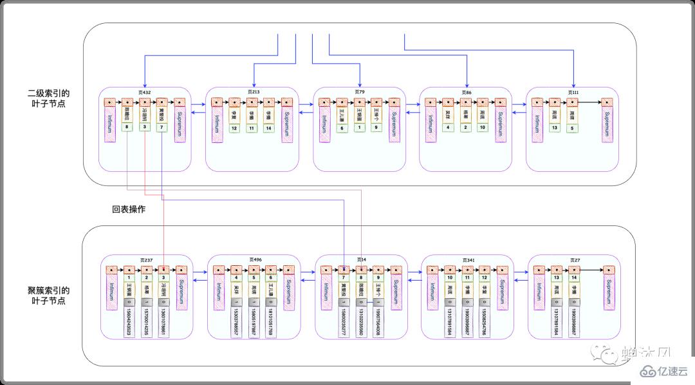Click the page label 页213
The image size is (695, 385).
coord(253,92)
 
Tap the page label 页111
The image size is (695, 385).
coord(573,92)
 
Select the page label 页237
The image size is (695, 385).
coord(147,260)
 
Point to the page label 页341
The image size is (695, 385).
coord(468,260)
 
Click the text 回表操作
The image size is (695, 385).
coord(128,209)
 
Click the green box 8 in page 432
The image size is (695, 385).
coord(127,127)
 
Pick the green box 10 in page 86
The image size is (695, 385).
coord(482,127)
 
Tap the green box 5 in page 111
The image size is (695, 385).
coord(571,127)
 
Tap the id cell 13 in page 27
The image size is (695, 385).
coord(556,277)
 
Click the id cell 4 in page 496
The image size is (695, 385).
coord(236,277)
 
